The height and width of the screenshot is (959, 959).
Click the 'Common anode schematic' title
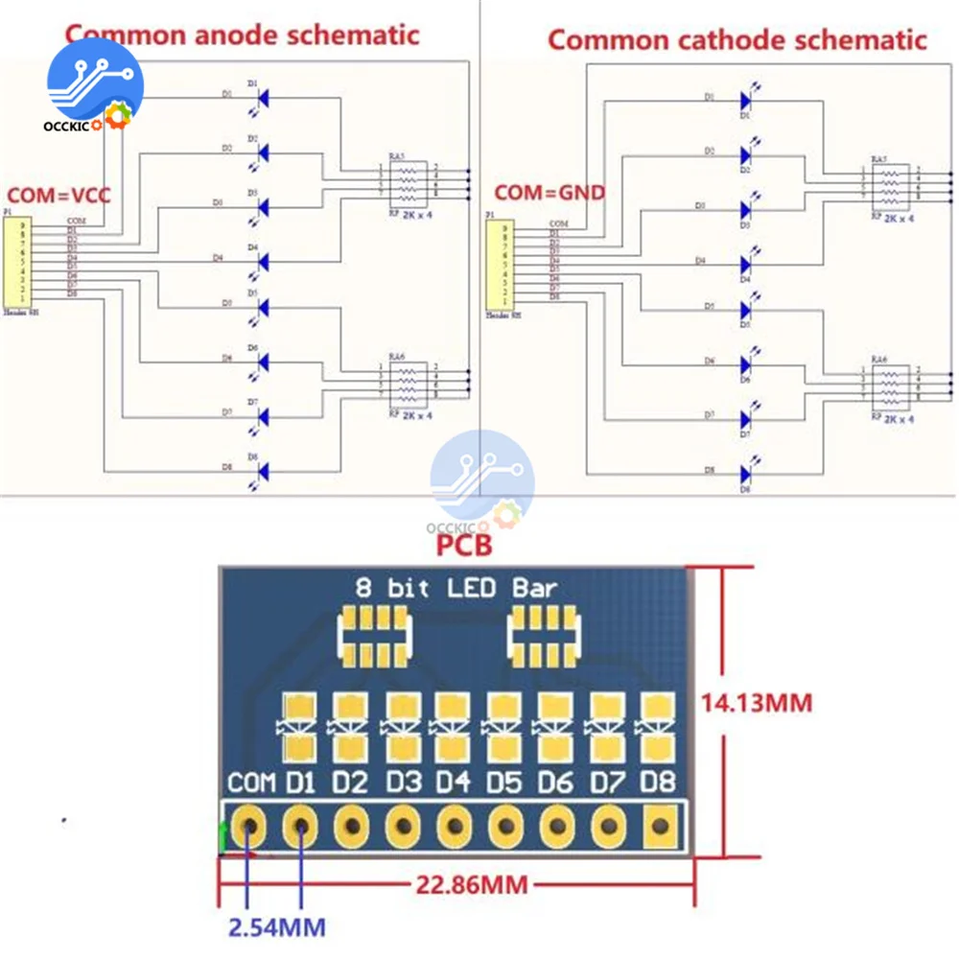pyautogui.click(x=242, y=35)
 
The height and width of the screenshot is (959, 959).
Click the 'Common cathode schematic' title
pyautogui.click(x=737, y=39)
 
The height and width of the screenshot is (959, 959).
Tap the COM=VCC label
pyautogui.click(x=60, y=196)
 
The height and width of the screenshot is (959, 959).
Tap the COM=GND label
pyautogui.click(x=550, y=193)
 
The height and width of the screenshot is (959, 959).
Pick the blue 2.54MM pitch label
pyautogui.click(x=275, y=927)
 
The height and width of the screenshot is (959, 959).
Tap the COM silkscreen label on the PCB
pyautogui.click(x=251, y=783)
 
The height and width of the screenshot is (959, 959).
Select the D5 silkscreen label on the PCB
pyautogui.click(x=504, y=783)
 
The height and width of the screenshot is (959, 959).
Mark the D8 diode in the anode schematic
pyautogui.click(x=263, y=470)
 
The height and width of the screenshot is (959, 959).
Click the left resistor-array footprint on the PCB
pyautogui.click(x=374, y=636)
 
